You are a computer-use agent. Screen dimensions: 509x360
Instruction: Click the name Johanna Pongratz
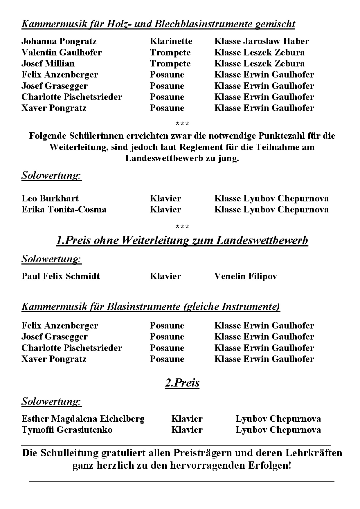click(59, 41)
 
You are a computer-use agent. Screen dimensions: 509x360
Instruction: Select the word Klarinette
click(171, 41)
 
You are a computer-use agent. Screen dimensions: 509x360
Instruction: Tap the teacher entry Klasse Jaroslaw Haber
click(262, 41)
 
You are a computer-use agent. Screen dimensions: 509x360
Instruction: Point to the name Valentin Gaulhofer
click(62, 53)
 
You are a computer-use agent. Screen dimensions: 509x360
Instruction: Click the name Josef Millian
click(48, 64)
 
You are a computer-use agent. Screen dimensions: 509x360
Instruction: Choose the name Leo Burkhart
click(50, 198)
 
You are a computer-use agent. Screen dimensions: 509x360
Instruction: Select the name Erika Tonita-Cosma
click(64, 210)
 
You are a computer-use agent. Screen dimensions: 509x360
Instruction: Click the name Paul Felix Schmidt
click(60, 276)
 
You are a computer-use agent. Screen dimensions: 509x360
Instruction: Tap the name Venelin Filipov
click(245, 276)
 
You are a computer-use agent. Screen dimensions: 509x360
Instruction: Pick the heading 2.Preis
click(182, 383)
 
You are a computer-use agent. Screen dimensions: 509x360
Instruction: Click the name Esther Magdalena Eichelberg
click(83, 419)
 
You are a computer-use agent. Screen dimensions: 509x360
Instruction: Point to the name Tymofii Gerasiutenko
click(67, 430)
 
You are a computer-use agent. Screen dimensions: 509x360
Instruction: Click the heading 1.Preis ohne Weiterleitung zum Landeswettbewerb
click(182, 241)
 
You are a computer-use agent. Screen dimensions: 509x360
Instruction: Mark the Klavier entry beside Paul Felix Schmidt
click(165, 276)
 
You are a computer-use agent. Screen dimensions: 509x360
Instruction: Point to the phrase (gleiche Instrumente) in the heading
click(232, 307)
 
